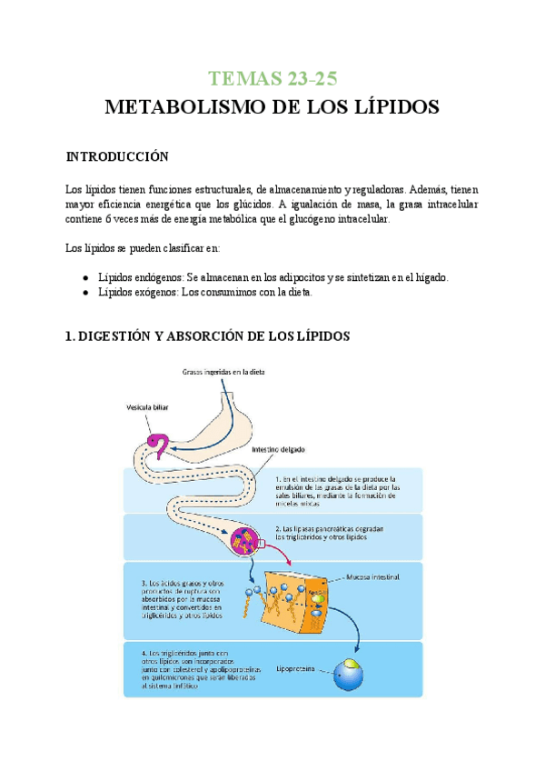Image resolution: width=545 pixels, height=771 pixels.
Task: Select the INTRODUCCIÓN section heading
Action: [x=118, y=157]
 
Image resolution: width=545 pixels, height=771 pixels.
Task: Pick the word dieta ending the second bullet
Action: [x=296, y=293]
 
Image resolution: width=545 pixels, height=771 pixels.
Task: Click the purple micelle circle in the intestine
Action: [x=247, y=540]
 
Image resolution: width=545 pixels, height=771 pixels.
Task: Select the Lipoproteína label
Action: [x=297, y=667]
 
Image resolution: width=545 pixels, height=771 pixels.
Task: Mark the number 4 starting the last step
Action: [x=144, y=651]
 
